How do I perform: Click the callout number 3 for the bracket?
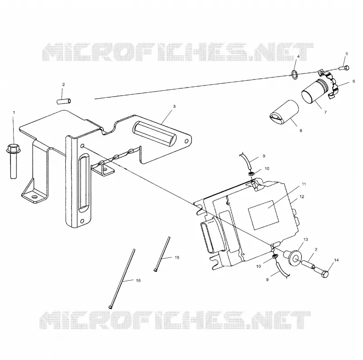coord(174,107)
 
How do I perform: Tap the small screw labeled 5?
coord(344,68)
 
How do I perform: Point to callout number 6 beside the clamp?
coord(353,81)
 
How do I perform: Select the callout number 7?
coord(325,112)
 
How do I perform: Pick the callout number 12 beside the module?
coord(302,197)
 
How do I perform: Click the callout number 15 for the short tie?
coord(177,258)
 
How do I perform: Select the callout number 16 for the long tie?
coord(138,280)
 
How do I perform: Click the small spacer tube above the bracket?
coord(64,101)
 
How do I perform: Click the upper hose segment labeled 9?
coord(246,161)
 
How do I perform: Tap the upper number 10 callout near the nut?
coord(267,169)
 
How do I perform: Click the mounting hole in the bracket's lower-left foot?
coord(34,197)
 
